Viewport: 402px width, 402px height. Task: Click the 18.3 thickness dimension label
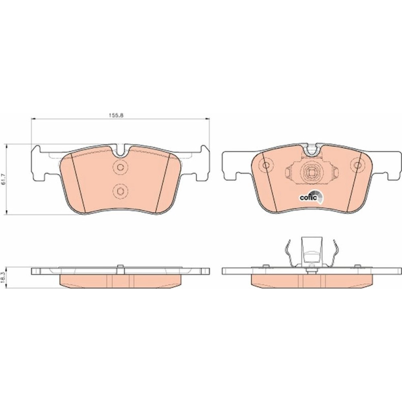point(3,278)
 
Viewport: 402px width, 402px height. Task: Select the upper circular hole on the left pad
point(120,167)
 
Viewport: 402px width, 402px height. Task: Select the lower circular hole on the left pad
point(120,191)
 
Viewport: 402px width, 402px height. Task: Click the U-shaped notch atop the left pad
point(121,151)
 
